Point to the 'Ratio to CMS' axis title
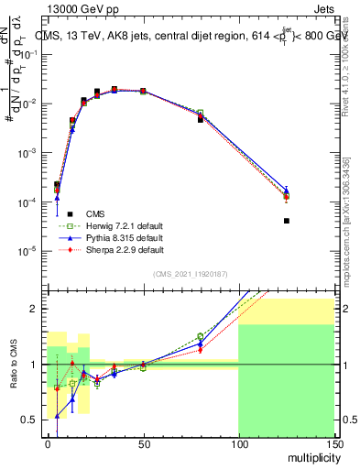13,365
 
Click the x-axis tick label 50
143,443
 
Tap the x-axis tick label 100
238,443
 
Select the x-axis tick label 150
333,443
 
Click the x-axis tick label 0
48,443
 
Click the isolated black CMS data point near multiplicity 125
286,221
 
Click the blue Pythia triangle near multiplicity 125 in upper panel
286,191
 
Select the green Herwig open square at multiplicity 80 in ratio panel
200,336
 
